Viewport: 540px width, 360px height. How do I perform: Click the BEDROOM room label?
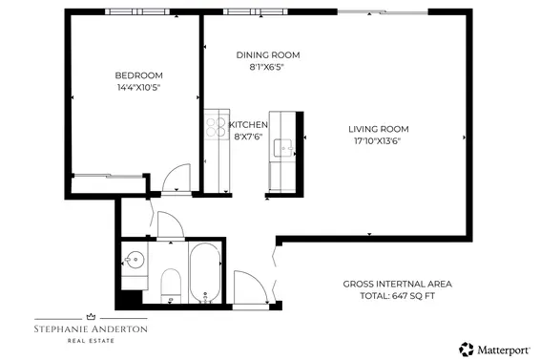(x=138, y=75)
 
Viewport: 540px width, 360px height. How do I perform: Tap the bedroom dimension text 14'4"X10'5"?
(x=138, y=88)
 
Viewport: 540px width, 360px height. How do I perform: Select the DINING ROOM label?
(x=260, y=54)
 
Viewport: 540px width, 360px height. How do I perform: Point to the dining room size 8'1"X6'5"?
(x=260, y=67)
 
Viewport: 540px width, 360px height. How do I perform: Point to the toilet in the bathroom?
(x=172, y=285)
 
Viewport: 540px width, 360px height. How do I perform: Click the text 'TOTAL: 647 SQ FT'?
(x=397, y=297)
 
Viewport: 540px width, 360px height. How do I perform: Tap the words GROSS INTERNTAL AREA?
(x=397, y=285)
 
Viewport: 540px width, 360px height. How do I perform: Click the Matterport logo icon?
(x=467, y=349)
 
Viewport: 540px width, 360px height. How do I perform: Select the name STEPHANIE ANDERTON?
(x=92, y=328)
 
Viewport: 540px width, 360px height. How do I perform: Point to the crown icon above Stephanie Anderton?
(x=92, y=314)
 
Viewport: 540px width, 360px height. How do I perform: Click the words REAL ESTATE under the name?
(x=92, y=340)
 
